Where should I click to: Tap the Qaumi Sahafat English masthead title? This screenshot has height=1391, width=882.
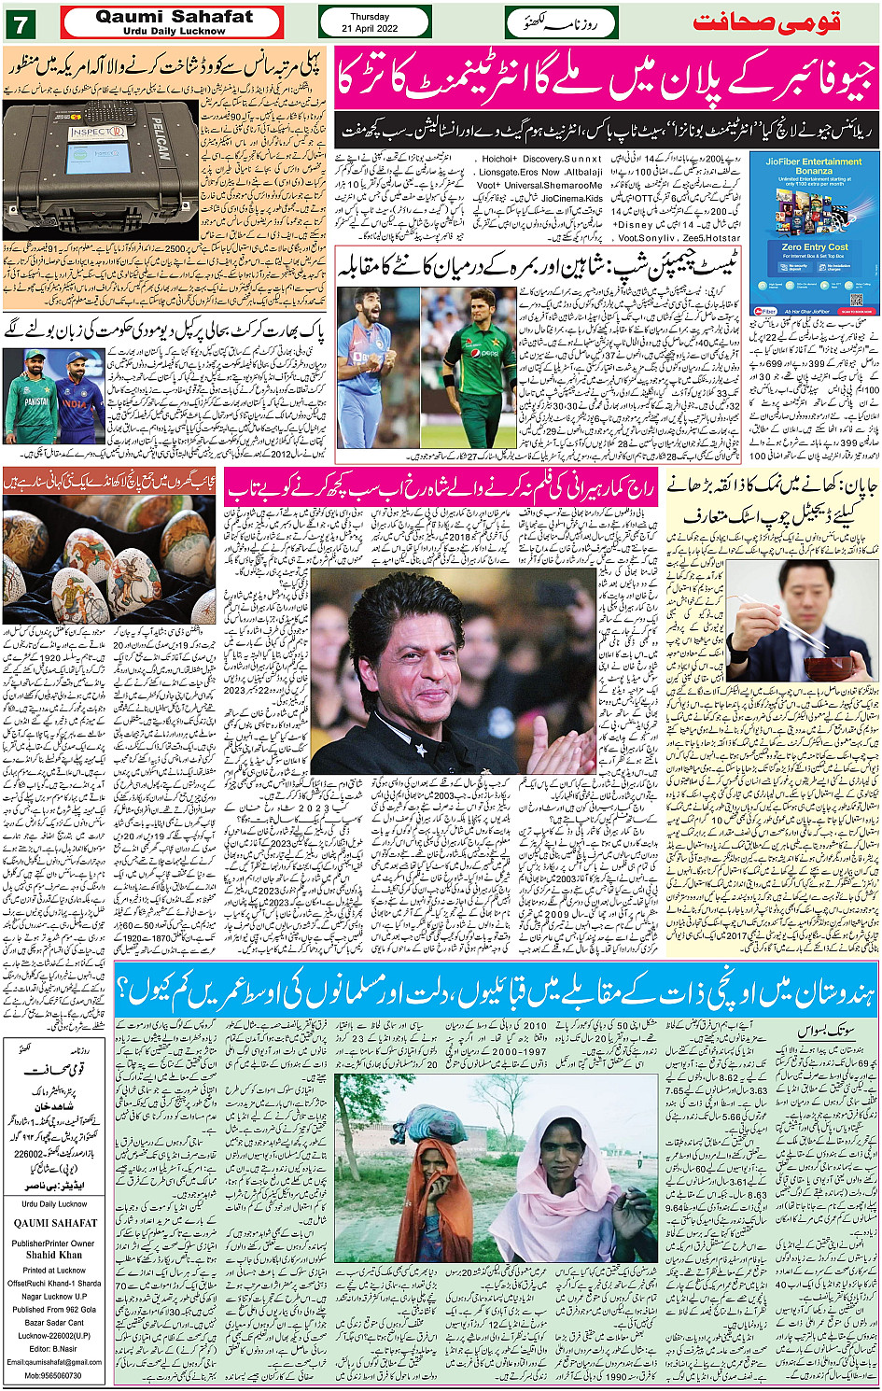tap(174, 17)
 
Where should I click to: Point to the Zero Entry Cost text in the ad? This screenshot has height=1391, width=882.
tap(814, 247)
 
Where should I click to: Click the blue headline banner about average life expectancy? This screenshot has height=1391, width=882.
tap(495, 991)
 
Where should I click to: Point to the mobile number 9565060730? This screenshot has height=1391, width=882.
tap(53, 1376)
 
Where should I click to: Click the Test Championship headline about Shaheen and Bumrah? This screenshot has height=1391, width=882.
tap(537, 268)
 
